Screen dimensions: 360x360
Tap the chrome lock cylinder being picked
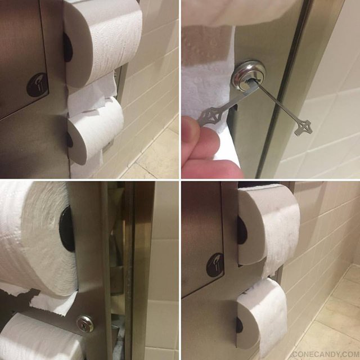pyautogui.click(x=248, y=76)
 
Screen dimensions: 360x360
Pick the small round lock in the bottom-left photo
pyautogui.click(x=85, y=323)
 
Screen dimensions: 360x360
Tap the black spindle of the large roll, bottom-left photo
pyautogui.click(x=66, y=229)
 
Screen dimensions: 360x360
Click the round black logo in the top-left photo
pyautogui.click(x=37, y=84)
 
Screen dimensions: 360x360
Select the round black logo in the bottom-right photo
pyautogui.click(x=215, y=265)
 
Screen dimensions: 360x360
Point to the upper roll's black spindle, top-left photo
pyautogui.click(x=67, y=47)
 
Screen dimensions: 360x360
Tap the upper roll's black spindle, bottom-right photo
pyautogui.click(x=242, y=230)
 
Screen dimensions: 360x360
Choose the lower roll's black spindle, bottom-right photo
pyautogui.click(x=239, y=325)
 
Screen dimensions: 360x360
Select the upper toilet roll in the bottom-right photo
pyautogui.click(x=268, y=224)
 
